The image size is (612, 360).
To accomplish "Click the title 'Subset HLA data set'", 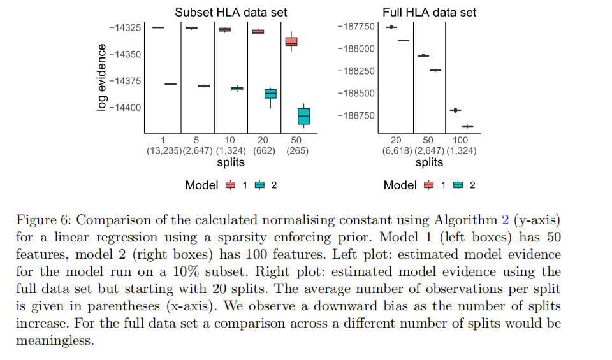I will point(231,12).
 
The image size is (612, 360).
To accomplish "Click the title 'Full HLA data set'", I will point(429,12).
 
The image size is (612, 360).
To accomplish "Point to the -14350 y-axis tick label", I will point(125,55).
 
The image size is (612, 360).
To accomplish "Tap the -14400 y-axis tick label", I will point(125,108).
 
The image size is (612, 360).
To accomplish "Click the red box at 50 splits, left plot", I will point(291,41).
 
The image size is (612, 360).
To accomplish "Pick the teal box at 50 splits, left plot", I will point(303,116).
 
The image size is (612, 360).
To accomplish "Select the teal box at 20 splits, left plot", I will point(270,94).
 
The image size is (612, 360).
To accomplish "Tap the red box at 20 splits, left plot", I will point(258,31).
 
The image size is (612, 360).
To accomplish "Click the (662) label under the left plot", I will point(264,151).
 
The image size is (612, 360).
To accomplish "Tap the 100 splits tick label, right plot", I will point(460,140).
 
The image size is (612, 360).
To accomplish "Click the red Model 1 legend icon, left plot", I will point(231,185).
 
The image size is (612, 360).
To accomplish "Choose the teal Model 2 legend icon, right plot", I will point(458,185).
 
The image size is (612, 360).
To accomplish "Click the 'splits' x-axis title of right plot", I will point(429,162).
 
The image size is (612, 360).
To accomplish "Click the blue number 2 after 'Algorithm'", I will point(505,220).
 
